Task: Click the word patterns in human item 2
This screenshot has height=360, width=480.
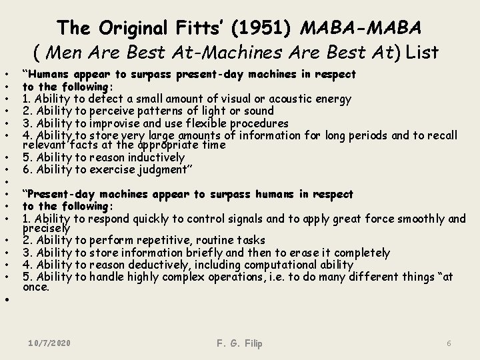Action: pyautogui.click(x=155, y=111)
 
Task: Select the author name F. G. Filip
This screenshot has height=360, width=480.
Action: pyautogui.click(x=240, y=343)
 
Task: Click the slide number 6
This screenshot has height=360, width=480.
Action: pyautogui.click(x=449, y=343)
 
